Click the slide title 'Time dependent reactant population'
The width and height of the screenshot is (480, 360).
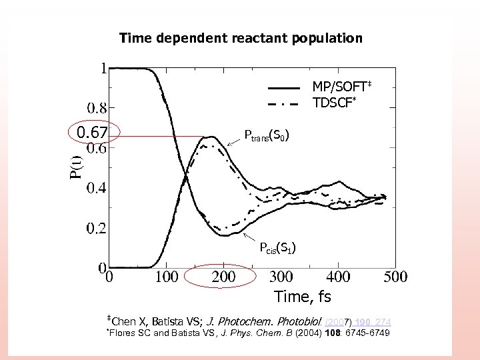[241, 38]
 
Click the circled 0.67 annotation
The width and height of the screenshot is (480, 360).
[92, 133]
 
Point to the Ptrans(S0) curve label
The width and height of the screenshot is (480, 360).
[266, 137]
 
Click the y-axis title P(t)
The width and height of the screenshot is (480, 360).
[77, 165]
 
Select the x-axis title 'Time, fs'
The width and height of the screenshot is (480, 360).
[303, 295]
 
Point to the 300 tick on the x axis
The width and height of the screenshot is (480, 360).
[281, 276]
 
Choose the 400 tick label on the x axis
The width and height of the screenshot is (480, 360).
[338, 276]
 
